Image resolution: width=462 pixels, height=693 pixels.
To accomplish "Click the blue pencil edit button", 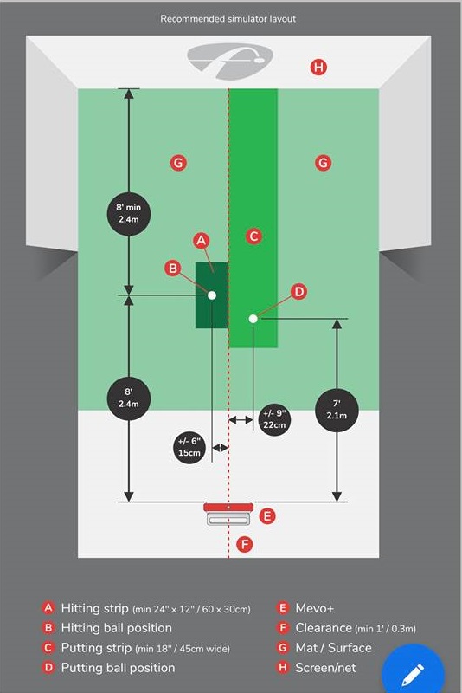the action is pyautogui.click(x=413, y=673).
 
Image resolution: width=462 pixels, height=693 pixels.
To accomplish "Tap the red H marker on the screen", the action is pyautogui.click(x=318, y=68).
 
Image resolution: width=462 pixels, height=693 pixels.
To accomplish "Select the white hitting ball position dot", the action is pyautogui.click(x=212, y=295).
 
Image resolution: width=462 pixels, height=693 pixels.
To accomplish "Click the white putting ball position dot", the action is pyautogui.click(x=253, y=319).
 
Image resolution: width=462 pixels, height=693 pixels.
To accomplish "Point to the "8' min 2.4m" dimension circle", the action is pyautogui.click(x=129, y=213).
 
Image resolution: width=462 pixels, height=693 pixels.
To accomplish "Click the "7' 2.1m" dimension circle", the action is pyautogui.click(x=337, y=410).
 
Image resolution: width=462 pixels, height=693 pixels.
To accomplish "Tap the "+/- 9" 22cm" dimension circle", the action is pyautogui.click(x=274, y=419).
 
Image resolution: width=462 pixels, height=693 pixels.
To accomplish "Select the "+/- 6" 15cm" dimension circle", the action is pyautogui.click(x=189, y=447).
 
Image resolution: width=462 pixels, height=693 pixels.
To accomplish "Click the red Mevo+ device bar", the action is pyautogui.click(x=228, y=507).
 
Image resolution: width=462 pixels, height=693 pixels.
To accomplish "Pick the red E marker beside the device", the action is pyautogui.click(x=267, y=515).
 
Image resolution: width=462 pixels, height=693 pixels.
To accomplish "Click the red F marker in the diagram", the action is pyautogui.click(x=245, y=544).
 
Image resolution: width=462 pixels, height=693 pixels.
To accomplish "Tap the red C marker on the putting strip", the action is pyautogui.click(x=253, y=236).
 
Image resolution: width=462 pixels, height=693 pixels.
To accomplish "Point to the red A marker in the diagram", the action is pyautogui.click(x=202, y=241).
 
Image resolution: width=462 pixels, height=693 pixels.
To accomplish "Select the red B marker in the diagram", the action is pyautogui.click(x=173, y=269).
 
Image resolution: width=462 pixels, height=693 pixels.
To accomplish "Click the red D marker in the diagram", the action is pyautogui.click(x=299, y=292).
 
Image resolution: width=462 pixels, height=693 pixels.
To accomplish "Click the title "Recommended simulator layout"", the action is pyautogui.click(x=228, y=18).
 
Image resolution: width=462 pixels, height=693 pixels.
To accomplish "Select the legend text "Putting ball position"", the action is pyautogui.click(x=118, y=667).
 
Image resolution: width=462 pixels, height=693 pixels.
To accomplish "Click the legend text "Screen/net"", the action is pyautogui.click(x=325, y=667).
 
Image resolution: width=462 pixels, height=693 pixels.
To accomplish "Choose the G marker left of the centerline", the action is pyautogui.click(x=178, y=163).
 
